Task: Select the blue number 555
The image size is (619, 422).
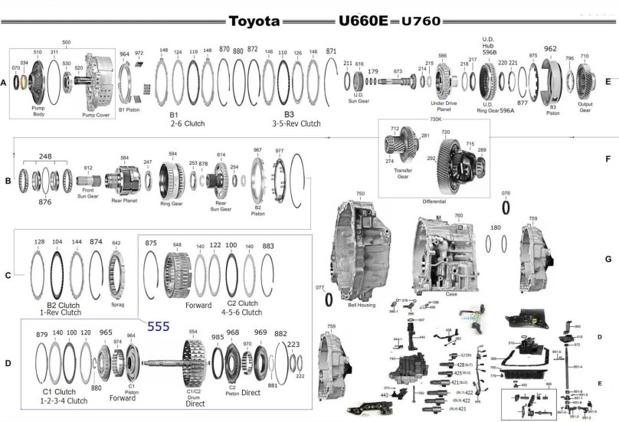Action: tap(159, 325)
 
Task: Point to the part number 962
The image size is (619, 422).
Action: tap(549, 49)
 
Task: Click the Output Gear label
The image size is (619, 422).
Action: tap(585, 107)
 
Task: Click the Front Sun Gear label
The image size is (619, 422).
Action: tap(88, 193)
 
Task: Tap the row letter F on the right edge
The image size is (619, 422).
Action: tap(607, 162)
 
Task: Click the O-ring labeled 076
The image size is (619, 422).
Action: tap(506, 208)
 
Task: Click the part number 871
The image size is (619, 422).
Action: tap(331, 51)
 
